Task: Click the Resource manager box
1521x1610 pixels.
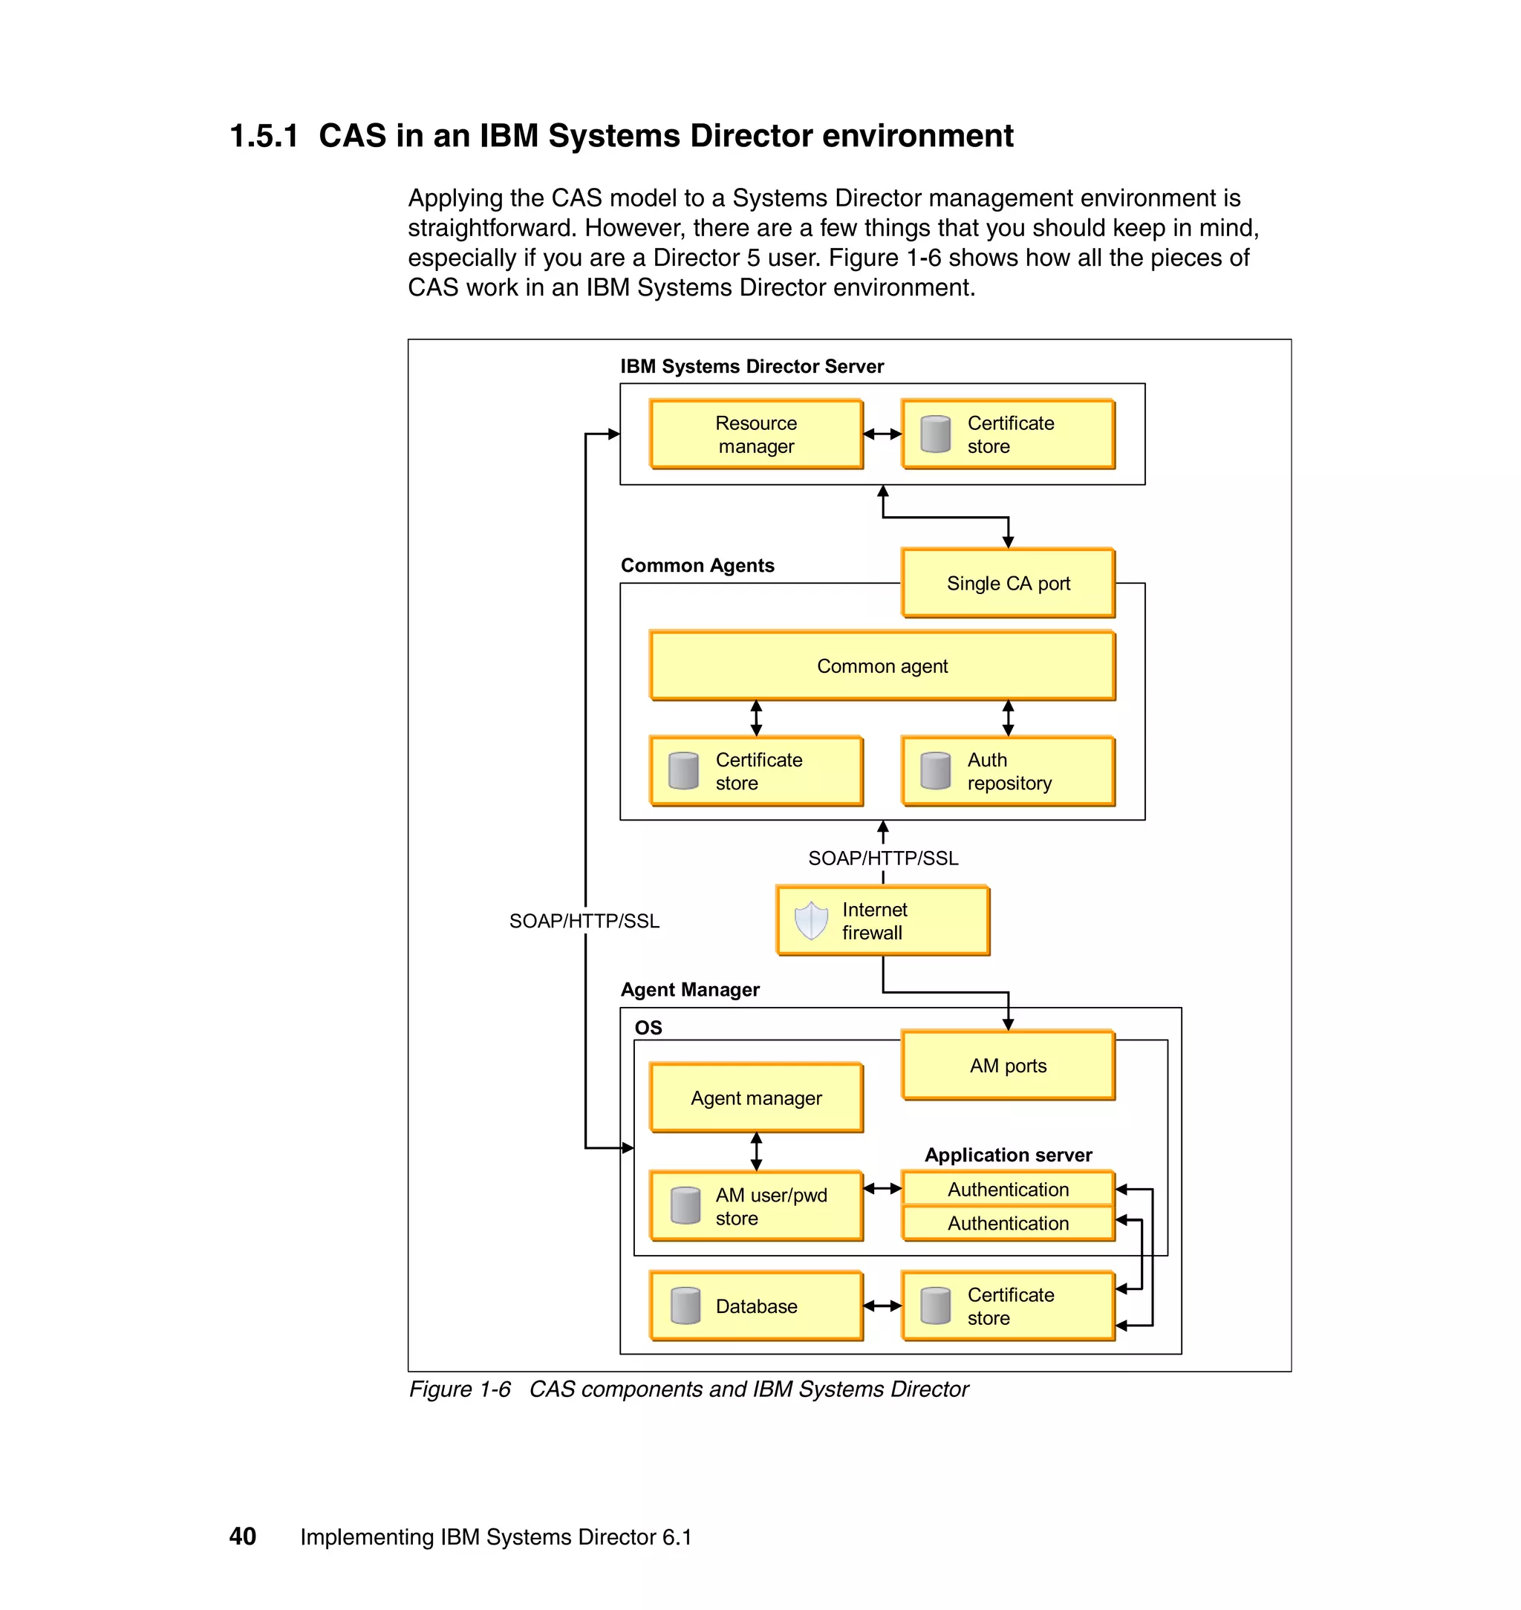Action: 755,434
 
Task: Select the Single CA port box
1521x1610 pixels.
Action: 1008,583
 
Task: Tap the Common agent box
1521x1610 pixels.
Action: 882,665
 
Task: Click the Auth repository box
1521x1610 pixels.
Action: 1008,771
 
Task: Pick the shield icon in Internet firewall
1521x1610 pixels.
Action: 811,920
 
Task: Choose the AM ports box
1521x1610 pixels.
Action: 1008,1065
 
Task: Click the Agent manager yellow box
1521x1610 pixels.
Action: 755,1098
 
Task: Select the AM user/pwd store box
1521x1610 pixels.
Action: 755,1206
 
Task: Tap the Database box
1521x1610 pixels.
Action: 755,1306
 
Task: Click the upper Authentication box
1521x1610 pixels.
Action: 1008,1188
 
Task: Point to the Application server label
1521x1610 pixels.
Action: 1008,1154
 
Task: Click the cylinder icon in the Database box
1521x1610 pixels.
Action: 686,1306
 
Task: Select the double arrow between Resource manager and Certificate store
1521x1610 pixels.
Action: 882,434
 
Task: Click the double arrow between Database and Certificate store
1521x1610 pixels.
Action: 882,1306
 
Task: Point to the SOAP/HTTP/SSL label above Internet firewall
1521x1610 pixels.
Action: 883,858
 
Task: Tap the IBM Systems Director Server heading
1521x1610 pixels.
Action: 752,366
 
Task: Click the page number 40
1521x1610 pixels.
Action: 242,1536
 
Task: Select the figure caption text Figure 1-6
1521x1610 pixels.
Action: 460,1389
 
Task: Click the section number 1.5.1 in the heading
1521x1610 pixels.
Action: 264,135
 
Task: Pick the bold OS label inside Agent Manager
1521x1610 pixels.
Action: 648,1028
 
